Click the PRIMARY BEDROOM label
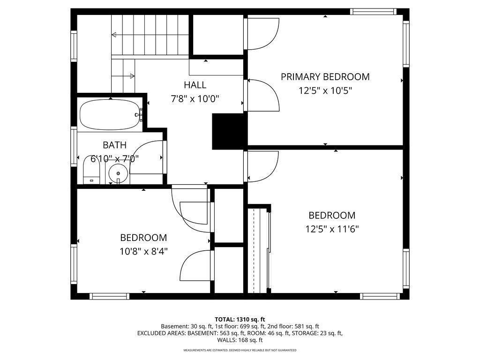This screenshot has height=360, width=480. click(325, 76)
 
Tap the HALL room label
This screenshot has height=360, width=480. click(195, 85)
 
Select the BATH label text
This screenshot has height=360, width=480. click(114, 145)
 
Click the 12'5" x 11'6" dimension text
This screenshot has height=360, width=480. click(331, 229)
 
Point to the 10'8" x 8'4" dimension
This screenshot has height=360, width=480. click(143, 251)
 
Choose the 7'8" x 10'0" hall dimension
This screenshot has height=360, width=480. click(195, 99)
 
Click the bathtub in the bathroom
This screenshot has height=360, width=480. click(110, 115)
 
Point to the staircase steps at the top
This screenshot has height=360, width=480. click(150, 35)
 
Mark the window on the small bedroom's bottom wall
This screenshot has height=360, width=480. click(109, 296)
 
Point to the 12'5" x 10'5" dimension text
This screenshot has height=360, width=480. click(325, 90)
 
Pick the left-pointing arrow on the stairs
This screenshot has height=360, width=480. click(114, 34)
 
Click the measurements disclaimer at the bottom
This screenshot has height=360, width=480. click(240, 350)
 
